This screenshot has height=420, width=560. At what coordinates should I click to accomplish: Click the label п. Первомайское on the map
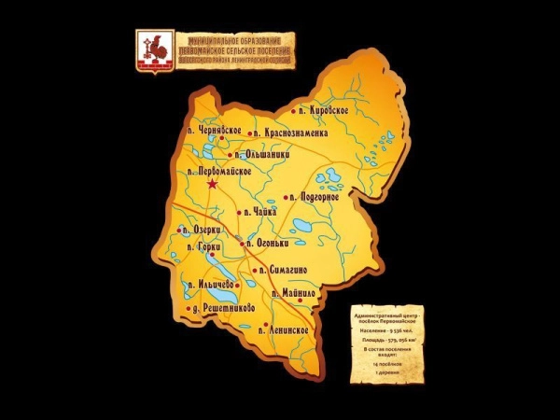point(220,173)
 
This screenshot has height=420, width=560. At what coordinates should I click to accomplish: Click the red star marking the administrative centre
point(213,186)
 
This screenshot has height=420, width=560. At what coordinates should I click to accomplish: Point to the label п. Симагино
point(285,269)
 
